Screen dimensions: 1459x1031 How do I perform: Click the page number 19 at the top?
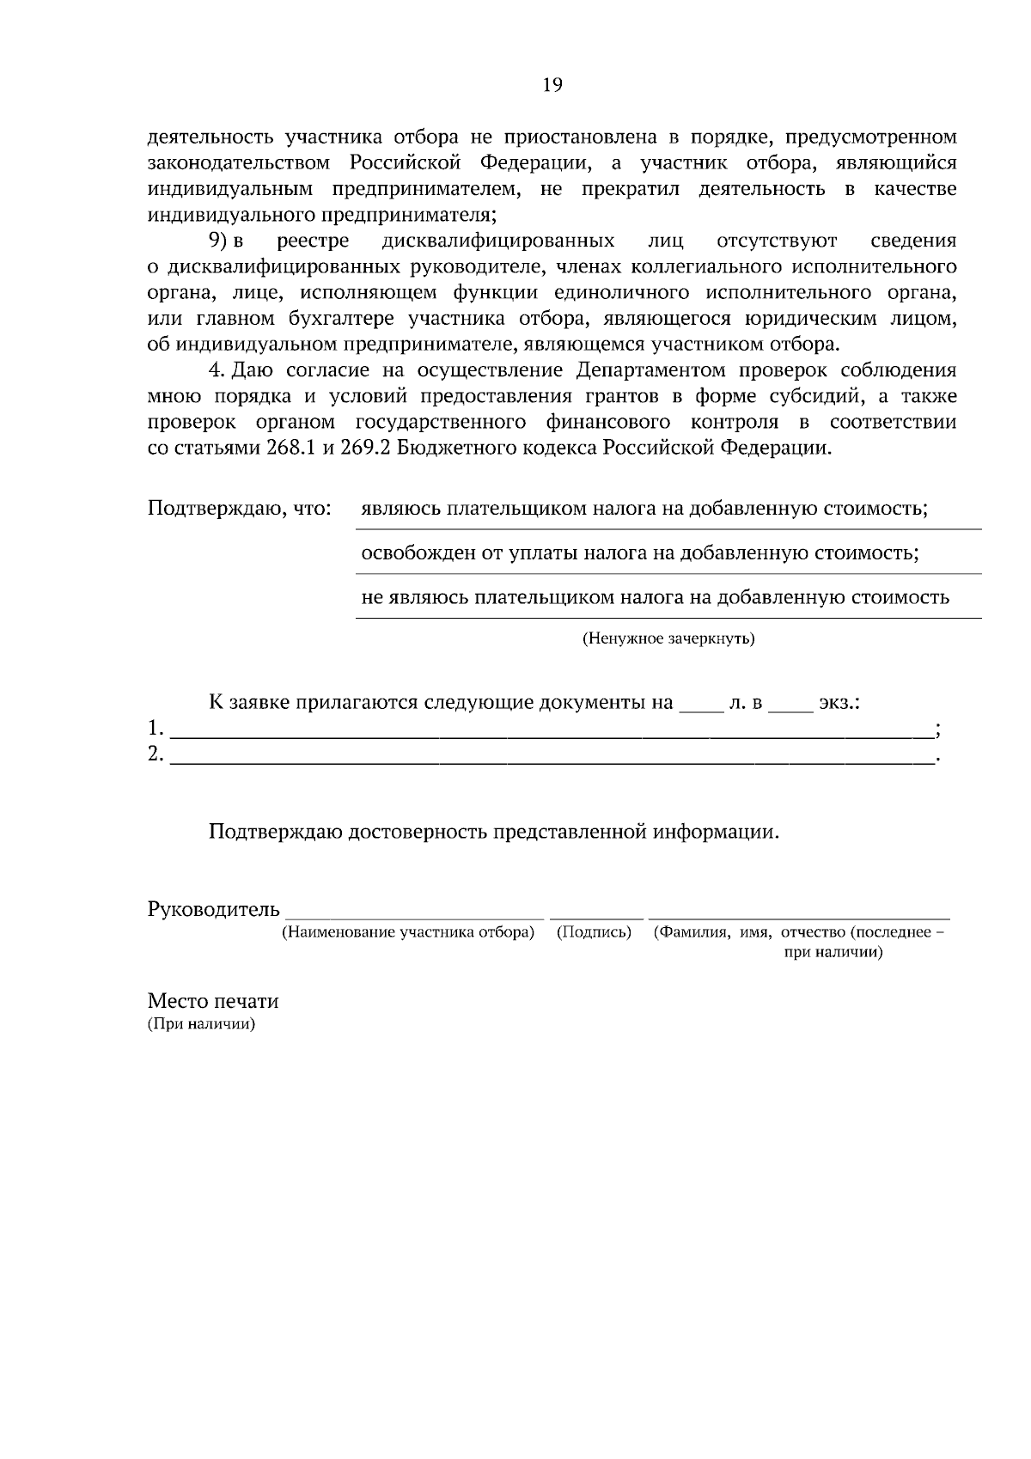pyautogui.click(x=552, y=84)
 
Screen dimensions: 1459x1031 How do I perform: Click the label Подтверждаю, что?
pyautogui.click(x=240, y=508)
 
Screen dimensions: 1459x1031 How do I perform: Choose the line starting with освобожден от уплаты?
pyautogui.click(x=639, y=552)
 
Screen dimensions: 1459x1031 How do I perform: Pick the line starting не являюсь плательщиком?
pyautogui.click(x=655, y=597)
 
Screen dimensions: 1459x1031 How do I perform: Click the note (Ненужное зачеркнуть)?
pyautogui.click(x=668, y=639)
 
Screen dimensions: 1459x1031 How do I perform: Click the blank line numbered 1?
pyautogui.click(x=550, y=733)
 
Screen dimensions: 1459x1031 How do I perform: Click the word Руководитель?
pyautogui.click(x=214, y=909)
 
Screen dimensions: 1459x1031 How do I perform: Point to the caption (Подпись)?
pyautogui.click(x=594, y=932)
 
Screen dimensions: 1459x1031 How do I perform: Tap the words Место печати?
pyautogui.click(x=213, y=1001)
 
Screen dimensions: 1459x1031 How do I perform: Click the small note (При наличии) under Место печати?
pyautogui.click(x=202, y=1024)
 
